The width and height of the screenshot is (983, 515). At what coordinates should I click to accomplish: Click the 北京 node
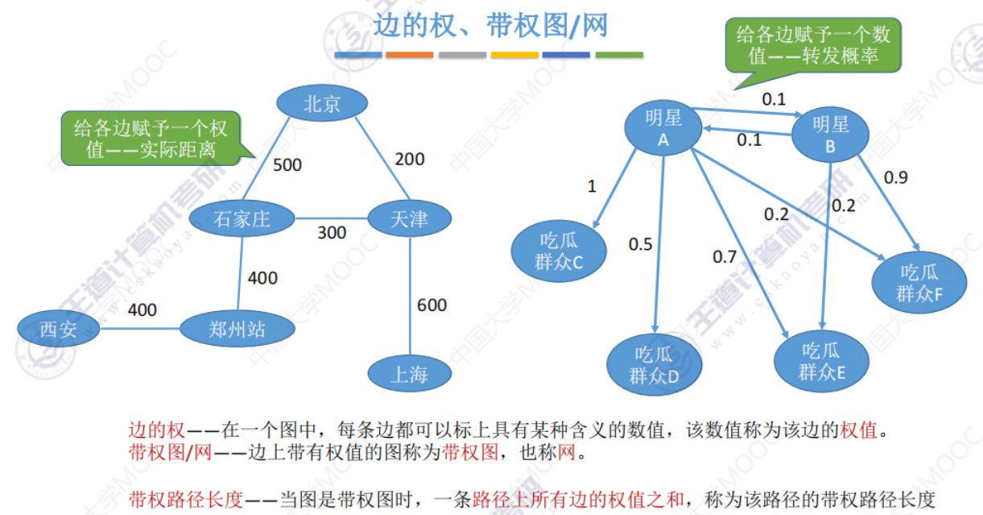[x=322, y=103]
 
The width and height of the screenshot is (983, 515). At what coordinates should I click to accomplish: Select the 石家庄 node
[x=242, y=218]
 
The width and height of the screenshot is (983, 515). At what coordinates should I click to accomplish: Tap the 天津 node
[x=410, y=218]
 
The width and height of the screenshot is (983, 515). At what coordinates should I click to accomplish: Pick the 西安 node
[x=58, y=329]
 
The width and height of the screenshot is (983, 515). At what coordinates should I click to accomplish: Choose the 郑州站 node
[x=237, y=329]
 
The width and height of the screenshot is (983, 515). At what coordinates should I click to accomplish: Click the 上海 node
[x=410, y=373]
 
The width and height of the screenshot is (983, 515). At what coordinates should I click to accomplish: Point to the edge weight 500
[x=287, y=165]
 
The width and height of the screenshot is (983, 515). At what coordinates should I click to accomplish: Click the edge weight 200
[x=410, y=159]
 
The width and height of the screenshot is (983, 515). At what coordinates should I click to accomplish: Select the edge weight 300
[x=332, y=232]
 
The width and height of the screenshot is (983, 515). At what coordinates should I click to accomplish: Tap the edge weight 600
[x=432, y=305]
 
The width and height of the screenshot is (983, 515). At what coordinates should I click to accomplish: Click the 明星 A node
[x=663, y=127]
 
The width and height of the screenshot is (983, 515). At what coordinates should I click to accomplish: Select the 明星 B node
[x=830, y=135]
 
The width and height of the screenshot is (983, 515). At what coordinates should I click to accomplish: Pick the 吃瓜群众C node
[x=559, y=251]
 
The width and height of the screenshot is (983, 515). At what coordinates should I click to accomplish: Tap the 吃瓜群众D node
[x=654, y=365]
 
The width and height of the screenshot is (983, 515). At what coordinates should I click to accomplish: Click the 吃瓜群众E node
[x=821, y=361]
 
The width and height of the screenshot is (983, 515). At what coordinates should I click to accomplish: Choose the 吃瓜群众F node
[x=919, y=283]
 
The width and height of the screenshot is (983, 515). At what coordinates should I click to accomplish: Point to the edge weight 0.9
[x=896, y=177]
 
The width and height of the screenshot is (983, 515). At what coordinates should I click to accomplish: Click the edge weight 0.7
[x=725, y=256]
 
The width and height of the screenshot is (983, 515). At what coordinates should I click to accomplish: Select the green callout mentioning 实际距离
[x=151, y=139]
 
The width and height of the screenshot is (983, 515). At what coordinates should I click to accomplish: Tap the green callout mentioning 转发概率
[x=813, y=45]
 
